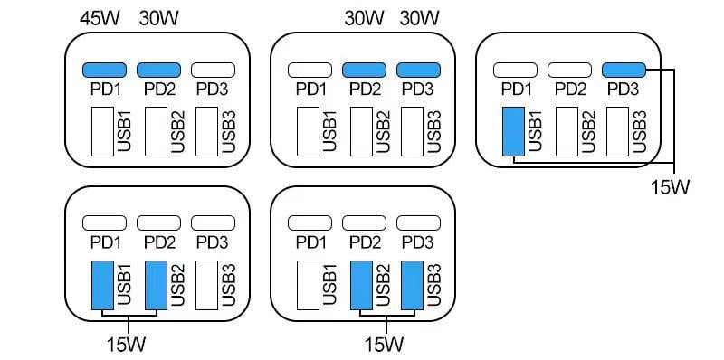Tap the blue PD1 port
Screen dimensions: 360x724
point(105,70)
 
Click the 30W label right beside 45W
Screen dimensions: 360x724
point(159,17)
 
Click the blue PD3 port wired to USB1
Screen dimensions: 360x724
point(623,70)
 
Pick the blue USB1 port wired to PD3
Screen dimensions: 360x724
point(514,131)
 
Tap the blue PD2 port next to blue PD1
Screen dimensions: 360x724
point(158,70)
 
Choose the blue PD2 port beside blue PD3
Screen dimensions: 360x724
point(364,70)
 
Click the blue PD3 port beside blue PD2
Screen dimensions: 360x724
point(417,70)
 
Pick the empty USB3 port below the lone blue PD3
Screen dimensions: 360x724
point(619,132)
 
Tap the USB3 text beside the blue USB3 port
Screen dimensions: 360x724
point(434,285)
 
